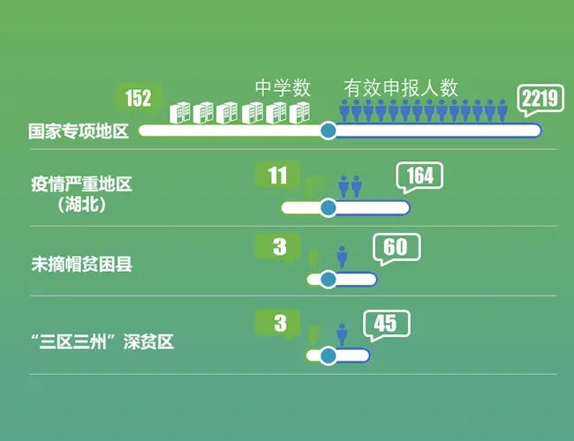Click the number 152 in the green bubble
(x=139, y=98)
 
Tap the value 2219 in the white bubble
(x=540, y=99)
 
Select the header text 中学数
(x=283, y=88)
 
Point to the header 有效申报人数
(x=401, y=88)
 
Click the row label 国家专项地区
(x=79, y=131)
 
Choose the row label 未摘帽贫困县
(x=81, y=263)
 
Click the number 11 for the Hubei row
(x=277, y=176)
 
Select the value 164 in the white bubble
(x=419, y=176)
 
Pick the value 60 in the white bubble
(x=396, y=246)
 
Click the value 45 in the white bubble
(x=385, y=324)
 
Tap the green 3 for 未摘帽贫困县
(x=279, y=247)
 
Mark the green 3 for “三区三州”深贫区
(x=279, y=324)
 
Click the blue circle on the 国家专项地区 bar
(x=328, y=131)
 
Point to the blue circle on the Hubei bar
(x=328, y=208)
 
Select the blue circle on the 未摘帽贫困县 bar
(x=328, y=280)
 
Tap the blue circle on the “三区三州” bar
(x=328, y=356)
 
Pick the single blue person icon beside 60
(x=343, y=258)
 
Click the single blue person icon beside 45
(x=343, y=334)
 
